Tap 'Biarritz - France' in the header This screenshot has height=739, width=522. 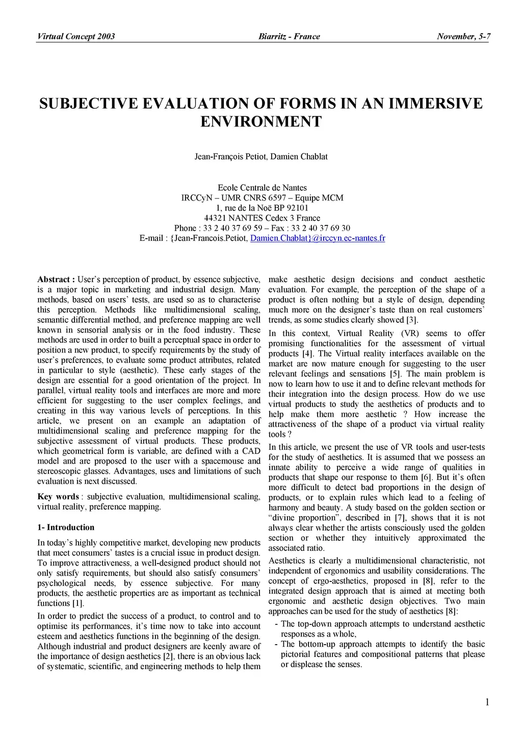(x=289, y=36)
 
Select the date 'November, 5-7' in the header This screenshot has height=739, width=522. (x=463, y=36)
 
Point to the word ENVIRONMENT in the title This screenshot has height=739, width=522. (x=261, y=122)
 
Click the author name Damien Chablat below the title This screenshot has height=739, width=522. (x=299, y=157)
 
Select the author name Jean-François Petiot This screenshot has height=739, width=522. (x=230, y=157)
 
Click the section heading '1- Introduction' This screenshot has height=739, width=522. (x=66, y=527)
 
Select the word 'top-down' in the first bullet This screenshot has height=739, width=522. (x=315, y=624)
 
